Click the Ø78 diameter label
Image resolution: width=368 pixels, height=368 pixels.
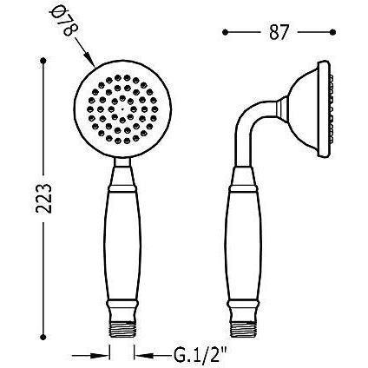(63, 22)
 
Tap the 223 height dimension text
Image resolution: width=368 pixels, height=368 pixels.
(43, 198)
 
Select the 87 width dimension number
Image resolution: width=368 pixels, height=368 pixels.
(279, 32)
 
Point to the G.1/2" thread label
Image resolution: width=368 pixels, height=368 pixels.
(200, 355)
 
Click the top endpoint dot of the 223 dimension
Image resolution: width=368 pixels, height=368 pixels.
(43, 61)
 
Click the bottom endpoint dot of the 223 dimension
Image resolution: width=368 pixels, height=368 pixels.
(43, 337)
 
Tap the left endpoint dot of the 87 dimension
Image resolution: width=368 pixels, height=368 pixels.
(226, 32)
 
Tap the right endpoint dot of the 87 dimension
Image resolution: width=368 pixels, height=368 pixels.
(332, 32)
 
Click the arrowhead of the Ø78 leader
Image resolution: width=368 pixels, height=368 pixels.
(90, 61)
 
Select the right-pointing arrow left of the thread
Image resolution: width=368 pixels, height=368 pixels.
(91, 355)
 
